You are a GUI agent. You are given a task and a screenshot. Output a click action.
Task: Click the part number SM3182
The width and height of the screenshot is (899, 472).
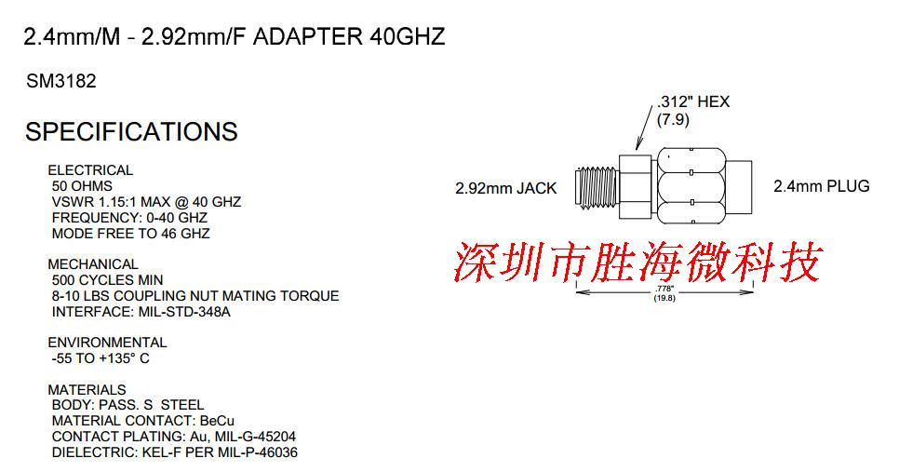(x=61, y=82)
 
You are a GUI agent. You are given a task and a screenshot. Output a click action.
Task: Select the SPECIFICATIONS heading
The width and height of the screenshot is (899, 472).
(x=131, y=131)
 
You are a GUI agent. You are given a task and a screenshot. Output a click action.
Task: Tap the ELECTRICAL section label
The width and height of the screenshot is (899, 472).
(x=90, y=170)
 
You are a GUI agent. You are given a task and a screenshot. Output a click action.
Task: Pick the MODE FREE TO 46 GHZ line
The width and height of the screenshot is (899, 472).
(x=130, y=234)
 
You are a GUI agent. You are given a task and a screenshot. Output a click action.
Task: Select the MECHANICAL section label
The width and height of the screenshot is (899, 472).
(x=93, y=264)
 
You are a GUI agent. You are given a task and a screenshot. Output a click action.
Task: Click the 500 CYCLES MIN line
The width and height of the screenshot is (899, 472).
(x=107, y=280)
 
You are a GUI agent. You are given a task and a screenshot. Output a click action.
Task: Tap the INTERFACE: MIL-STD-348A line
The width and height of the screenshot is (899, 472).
(x=141, y=312)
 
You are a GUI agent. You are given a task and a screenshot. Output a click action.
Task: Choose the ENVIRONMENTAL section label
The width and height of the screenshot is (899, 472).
(x=107, y=343)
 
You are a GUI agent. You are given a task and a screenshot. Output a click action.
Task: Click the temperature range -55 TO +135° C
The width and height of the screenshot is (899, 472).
(x=101, y=358)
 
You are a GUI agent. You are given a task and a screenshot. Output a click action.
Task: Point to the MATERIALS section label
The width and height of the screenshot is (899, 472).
(x=87, y=390)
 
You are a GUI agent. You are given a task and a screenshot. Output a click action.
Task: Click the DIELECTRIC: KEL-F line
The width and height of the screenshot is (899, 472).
(x=174, y=452)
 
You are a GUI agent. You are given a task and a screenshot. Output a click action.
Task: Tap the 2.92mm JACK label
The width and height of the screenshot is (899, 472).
(x=505, y=188)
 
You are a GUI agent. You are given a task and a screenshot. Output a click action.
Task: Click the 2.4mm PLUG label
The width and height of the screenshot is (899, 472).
(x=821, y=186)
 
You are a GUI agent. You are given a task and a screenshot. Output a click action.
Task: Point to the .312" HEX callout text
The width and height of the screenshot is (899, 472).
(x=692, y=101)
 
